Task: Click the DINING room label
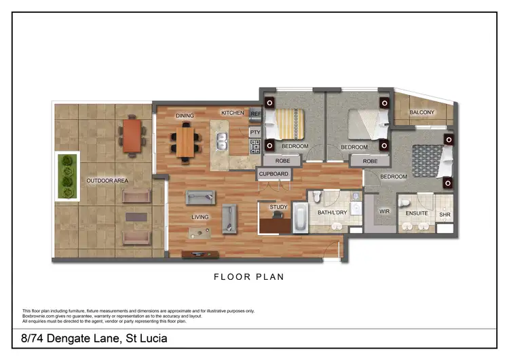click(x=185, y=116)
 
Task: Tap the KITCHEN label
click(x=232, y=113)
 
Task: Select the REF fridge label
click(x=255, y=113)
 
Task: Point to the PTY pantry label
click(x=255, y=132)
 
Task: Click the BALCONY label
click(x=421, y=112)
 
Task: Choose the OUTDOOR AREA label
click(x=107, y=181)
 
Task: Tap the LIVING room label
click(x=200, y=217)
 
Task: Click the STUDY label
click(x=278, y=207)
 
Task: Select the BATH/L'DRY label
click(x=333, y=213)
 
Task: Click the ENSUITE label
click(x=417, y=213)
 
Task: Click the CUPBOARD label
click(x=274, y=174)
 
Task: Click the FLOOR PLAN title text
click(x=249, y=276)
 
